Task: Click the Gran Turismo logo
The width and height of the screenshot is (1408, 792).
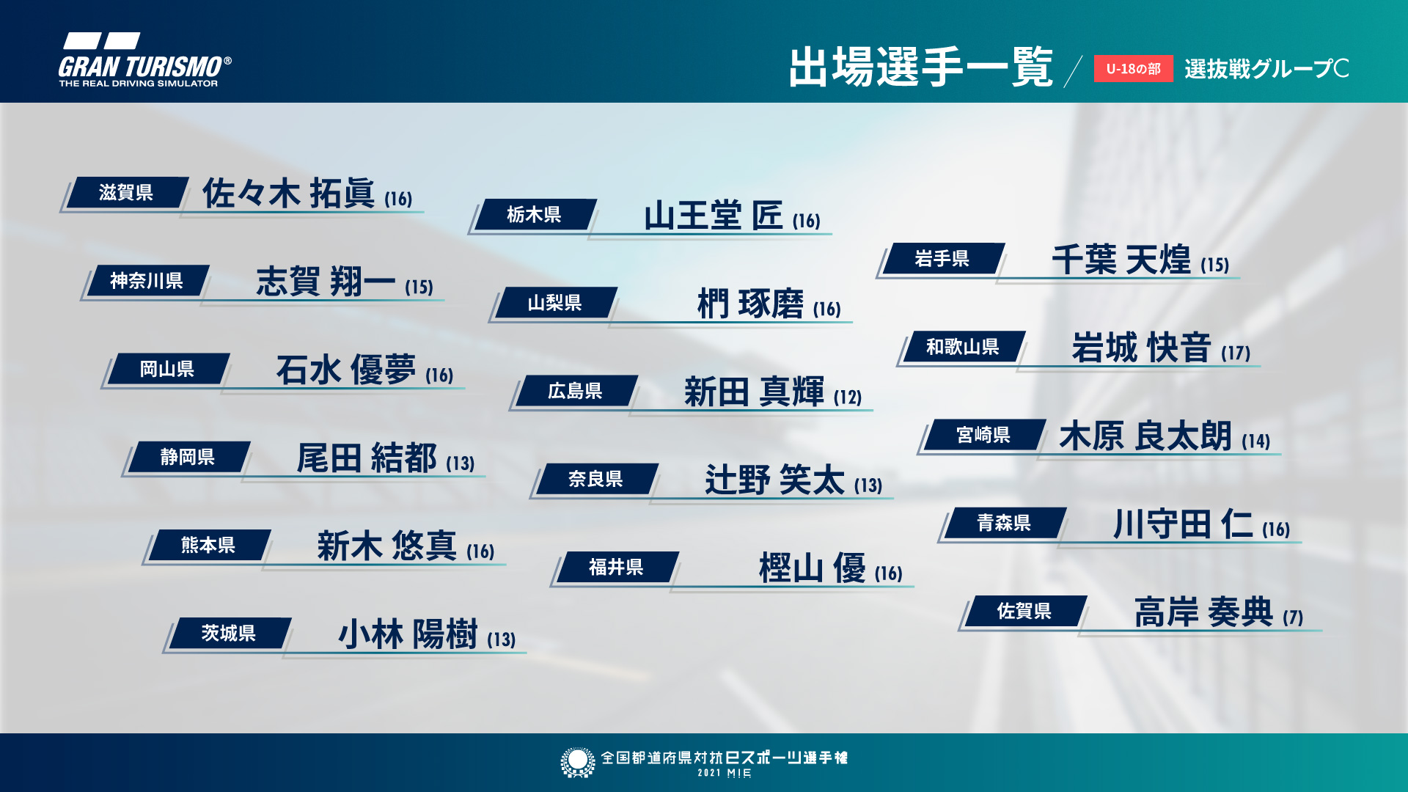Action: [144, 61]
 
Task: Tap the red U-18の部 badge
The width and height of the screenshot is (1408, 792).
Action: [1133, 69]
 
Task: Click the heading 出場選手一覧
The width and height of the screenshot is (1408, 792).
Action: [921, 67]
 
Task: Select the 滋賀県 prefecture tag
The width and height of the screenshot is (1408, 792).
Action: [126, 193]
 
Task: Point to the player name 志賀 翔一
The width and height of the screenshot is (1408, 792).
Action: [325, 282]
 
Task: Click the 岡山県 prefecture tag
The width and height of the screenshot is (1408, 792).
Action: [167, 369]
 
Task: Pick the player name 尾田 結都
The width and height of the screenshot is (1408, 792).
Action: [366, 458]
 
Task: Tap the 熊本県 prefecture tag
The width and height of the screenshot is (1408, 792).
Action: [208, 546]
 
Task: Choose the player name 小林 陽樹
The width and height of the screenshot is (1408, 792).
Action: [407, 634]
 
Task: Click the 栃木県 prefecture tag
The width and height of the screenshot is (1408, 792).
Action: [534, 215]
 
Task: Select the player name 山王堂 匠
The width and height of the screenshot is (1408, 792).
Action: [713, 216]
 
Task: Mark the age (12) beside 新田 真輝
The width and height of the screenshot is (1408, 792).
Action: [848, 397]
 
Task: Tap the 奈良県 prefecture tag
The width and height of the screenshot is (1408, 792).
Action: [595, 480]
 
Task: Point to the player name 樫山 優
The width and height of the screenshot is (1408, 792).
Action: [812, 568]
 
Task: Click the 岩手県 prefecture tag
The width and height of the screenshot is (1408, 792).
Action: [942, 259]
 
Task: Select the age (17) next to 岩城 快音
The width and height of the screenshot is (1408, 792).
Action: [1236, 353]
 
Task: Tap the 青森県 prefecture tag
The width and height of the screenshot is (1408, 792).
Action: [1004, 523]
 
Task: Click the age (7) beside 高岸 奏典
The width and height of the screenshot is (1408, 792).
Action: [1293, 617]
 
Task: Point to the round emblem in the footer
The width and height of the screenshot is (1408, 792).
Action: [577, 762]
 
